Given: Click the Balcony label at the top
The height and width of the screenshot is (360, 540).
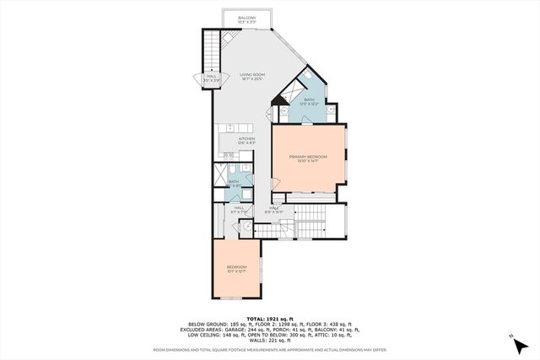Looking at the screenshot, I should pos(246,18).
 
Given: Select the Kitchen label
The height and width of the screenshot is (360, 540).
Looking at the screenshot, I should pos(246,140).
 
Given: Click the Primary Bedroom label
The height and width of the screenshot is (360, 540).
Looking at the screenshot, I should pos(307,159).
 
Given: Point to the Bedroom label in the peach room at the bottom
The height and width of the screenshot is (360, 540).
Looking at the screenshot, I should pos(236,269).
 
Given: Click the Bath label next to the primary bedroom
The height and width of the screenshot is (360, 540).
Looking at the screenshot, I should pos(309,101).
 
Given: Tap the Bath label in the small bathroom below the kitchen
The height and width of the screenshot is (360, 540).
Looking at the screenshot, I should pos(234,181).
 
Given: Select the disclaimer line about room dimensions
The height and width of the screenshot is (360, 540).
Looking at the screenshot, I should pos(270,348).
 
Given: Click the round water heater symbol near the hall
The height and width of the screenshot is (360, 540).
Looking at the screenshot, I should pos(246,227).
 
